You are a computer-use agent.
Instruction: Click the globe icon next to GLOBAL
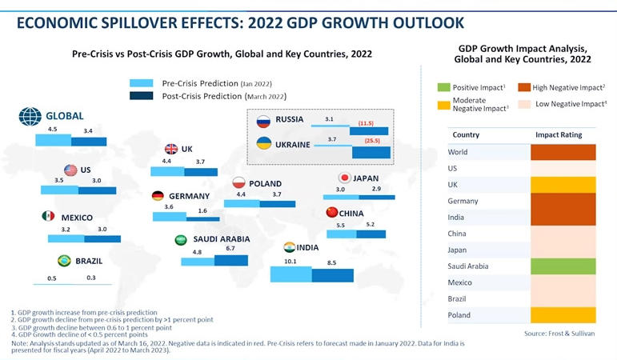30,117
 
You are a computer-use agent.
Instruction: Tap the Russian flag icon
262,121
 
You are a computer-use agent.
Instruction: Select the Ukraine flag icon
262,144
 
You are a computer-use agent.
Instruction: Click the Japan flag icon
345,178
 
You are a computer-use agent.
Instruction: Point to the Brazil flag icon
63,261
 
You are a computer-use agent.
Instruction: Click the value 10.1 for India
290,261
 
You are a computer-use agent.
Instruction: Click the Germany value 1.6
202,210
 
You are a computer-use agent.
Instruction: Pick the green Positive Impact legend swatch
444,86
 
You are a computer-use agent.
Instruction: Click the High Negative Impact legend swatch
525,86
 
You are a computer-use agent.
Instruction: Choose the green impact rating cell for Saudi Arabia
564,266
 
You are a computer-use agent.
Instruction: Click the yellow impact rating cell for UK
564,185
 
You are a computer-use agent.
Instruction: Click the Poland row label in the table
459,315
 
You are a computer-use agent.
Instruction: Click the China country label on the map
351,214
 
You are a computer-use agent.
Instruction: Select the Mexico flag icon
47,217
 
